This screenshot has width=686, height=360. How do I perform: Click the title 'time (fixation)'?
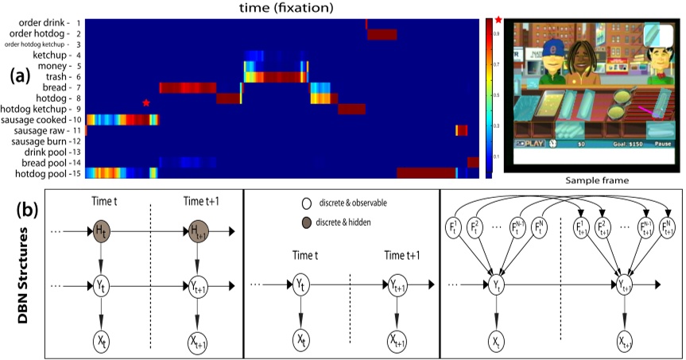click(x=285, y=8)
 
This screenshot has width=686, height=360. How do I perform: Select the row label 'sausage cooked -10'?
click(x=44, y=119)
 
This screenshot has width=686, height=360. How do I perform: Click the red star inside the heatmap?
click(x=145, y=103)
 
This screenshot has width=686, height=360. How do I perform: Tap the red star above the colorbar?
click(x=498, y=18)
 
